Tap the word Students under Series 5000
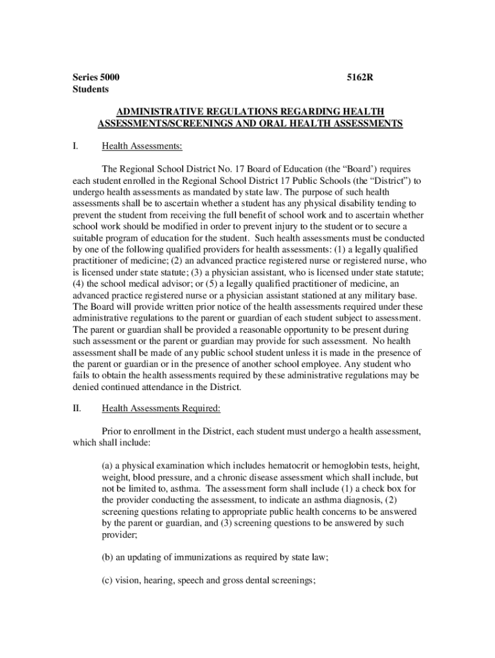[91, 89]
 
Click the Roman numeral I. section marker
[75, 147]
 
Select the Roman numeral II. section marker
[76, 407]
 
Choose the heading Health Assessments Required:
[161, 407]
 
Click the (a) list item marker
[108, 465]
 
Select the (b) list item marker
[108, 558]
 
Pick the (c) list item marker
[108, 581]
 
